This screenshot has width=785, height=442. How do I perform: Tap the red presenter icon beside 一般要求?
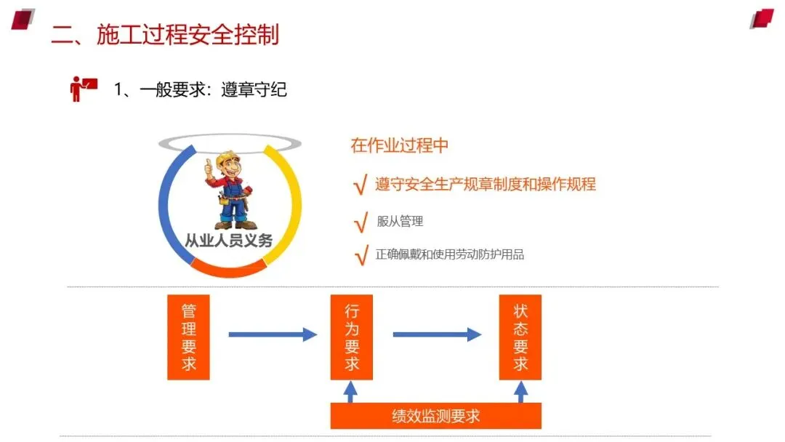click(83, 88)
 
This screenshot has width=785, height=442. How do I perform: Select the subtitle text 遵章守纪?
click(254, 89)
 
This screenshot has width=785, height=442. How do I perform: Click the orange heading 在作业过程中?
click(399, 145)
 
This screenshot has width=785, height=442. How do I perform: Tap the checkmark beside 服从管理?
click(359, 223)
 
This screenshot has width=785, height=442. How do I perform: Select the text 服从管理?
click(400, 222)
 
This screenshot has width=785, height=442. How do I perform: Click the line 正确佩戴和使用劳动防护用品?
click(450, 254)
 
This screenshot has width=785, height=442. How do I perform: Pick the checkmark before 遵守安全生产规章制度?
click(359, 186)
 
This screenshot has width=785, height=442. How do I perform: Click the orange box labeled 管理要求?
click(188, 337)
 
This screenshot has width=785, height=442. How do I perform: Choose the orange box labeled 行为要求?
click(351, 337)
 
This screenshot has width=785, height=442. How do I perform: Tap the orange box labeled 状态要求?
click(520, 337)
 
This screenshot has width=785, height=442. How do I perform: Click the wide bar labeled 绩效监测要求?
click(435, 416)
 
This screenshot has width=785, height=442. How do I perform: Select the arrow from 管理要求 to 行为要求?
click(272, 334)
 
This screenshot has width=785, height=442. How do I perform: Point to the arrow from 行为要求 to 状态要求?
click(436, 334)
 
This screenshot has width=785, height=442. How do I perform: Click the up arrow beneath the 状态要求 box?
click(520, 392)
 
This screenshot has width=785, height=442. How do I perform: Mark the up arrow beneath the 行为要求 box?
click(350, 392)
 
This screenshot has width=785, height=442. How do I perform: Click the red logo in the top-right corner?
click(762, 18)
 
